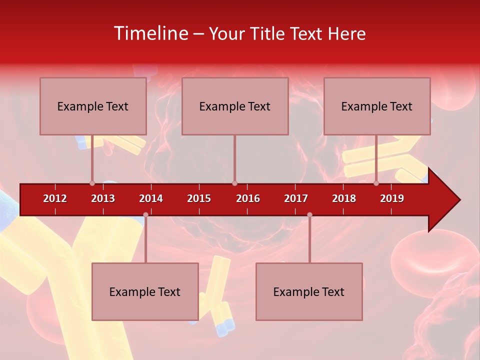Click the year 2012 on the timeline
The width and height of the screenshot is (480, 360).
pos(55,198)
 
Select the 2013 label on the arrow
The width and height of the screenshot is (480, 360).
pos(103,198)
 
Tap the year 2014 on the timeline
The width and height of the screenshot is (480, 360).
pos(151,198)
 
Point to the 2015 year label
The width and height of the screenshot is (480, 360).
pos(199,198)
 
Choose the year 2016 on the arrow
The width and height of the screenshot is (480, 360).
pos(248,198)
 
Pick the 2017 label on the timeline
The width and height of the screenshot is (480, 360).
pos(296,198)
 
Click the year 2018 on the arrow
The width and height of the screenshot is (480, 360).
pos(344,198)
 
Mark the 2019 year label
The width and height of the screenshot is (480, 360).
pos(392,198)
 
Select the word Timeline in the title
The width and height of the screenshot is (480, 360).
pos(150,33)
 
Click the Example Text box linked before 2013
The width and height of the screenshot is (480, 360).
pos(93,106)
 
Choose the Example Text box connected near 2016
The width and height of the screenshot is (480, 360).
pos(235,106)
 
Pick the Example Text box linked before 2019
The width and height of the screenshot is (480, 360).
pos(377,106)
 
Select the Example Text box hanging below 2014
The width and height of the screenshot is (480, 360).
pos(145,291)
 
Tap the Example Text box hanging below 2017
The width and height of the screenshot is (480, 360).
pos(309,291)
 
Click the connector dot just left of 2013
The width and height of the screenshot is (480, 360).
pos(92,183)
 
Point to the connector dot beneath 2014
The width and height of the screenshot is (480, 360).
pos(145,214)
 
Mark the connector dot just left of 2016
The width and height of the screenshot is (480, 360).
pos(234,183)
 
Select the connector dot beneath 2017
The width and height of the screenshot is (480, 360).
pos(309,214)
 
